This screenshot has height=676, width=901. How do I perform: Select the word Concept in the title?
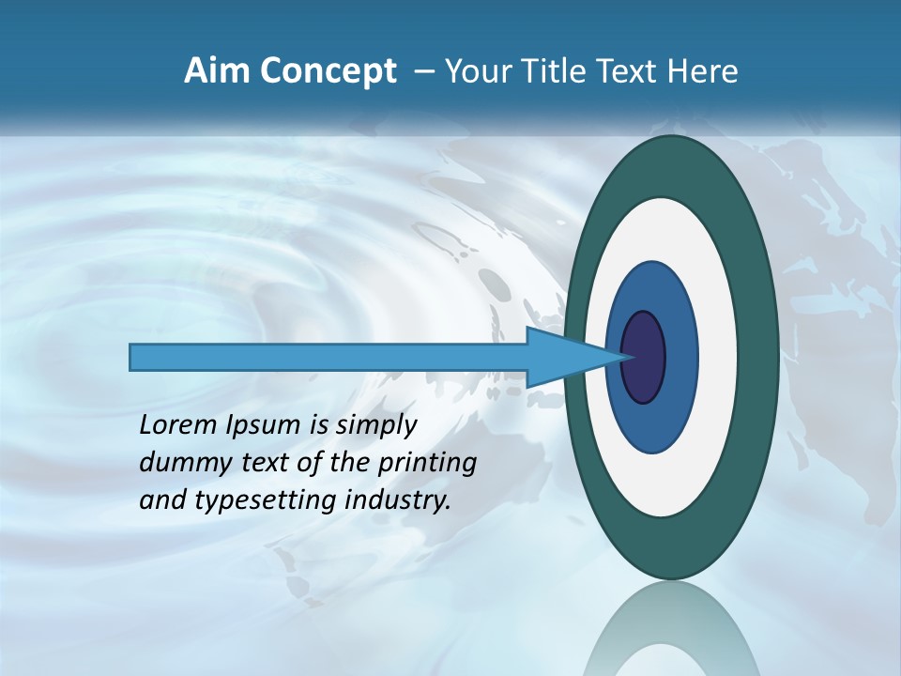(x=328, y=71)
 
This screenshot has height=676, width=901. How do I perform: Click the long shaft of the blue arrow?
(x=328, y=357)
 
